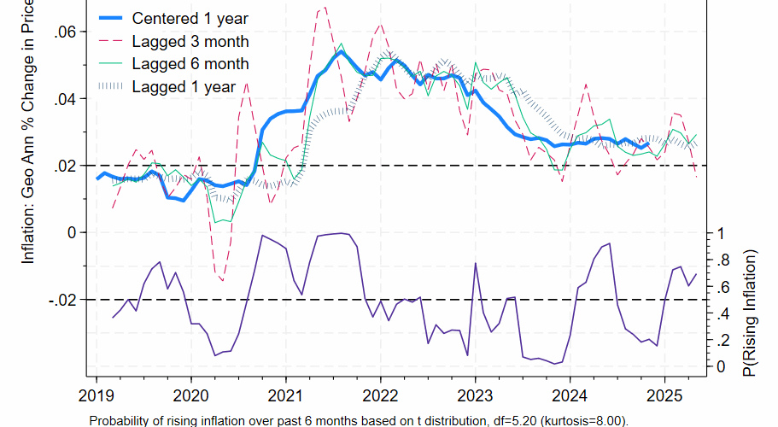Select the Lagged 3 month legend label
coord(190,41)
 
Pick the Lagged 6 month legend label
coord(190,63)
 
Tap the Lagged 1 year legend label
coord(180,85)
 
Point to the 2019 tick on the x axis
coord(96,395)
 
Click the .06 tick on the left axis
coord(65,32)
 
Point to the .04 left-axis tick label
coord(65,99)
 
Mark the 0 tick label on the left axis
coord(72,232)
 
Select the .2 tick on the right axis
coord(722,340)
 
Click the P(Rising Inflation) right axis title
coord(751,313)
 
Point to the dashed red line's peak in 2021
coord(323,9)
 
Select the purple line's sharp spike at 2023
coord(473,263)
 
